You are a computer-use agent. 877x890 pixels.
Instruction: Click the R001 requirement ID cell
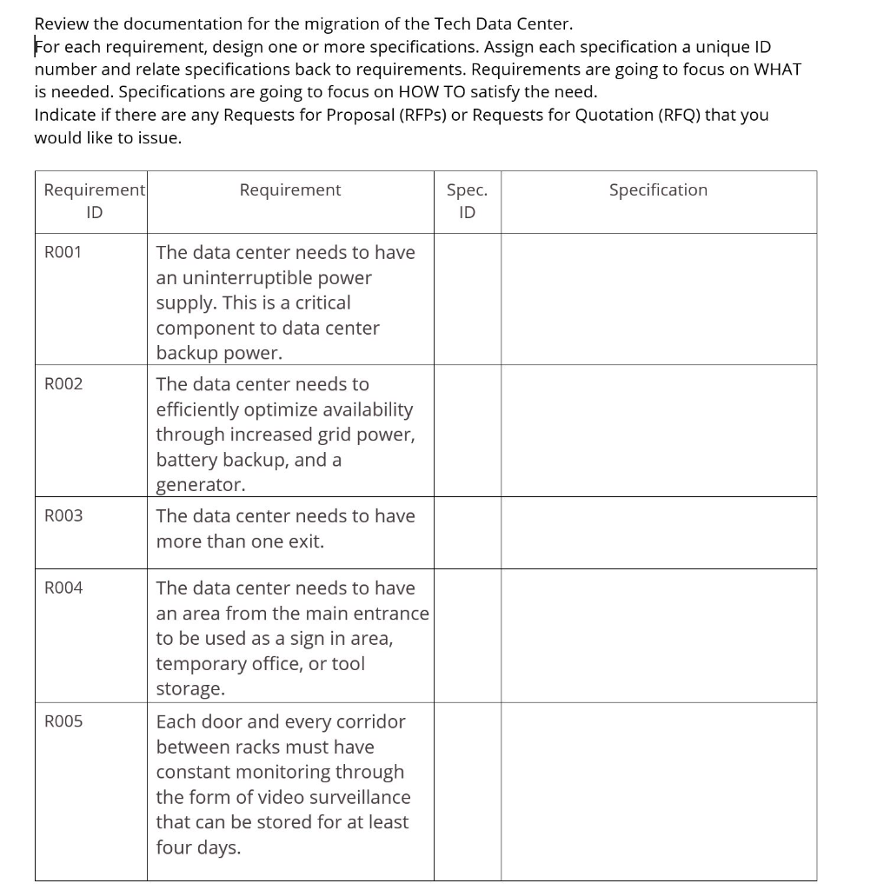tap(63, 253)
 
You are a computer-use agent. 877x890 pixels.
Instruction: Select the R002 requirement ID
tap(63, 384)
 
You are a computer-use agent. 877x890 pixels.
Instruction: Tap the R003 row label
tap(63, 516)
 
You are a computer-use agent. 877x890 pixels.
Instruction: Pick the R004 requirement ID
tap(63, 588)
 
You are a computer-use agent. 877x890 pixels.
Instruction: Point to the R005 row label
tap(63, 721)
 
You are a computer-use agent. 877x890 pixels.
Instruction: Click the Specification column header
tap(658, 190)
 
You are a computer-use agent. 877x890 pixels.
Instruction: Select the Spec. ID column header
tap(467, 201)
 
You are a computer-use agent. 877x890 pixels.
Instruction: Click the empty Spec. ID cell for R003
tap(467, 532)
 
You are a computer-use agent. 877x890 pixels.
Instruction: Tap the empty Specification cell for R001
tap(658, 298)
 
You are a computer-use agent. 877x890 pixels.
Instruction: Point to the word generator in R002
tap(200, 485)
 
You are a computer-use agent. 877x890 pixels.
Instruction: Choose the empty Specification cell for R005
tap(658, 791)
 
